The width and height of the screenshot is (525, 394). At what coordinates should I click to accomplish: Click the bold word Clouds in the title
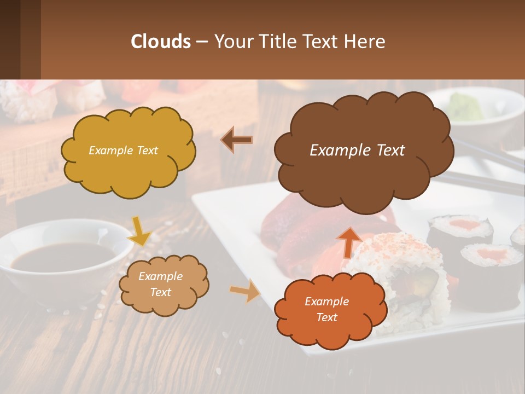pos(160,42)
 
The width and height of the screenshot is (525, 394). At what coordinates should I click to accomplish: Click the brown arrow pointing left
pos(237,140)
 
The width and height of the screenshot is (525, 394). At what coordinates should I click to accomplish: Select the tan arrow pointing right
pos(245,291)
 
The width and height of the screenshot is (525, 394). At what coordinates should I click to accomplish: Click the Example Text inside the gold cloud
pos(123,150)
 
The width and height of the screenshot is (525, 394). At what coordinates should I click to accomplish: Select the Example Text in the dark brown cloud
pos(357,150)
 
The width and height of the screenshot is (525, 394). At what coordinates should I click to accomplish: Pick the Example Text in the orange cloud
pos(326,309)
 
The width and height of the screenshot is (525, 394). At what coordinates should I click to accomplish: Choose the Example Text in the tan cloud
pos(160,284)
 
